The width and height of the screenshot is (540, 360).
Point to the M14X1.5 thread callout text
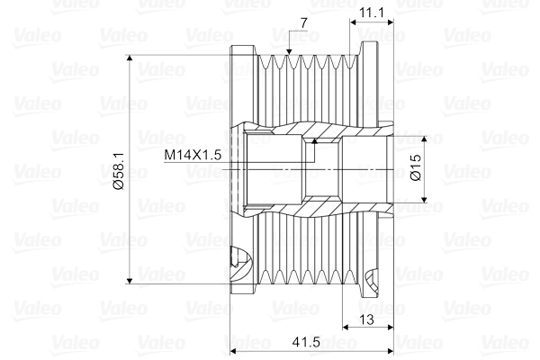coord(193,155)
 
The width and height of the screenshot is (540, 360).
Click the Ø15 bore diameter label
coord(416,169)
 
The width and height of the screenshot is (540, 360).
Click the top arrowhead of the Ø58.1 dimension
coord(132,61)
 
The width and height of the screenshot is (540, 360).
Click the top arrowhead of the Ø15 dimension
coord(427,140)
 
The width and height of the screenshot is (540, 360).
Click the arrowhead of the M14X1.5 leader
coord(314,142)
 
